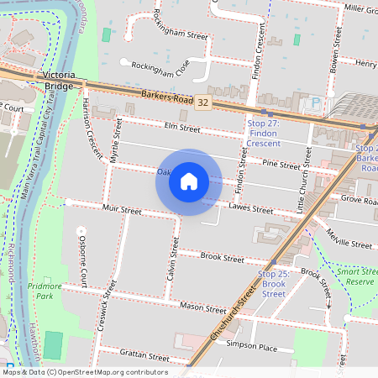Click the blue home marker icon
pyautogui.click(x=189, y=181)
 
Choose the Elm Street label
pyautogui.click(x=182, y=129)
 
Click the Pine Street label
pyautogui.click(x=281, y=165)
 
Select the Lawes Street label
pyautogui.click(x=250, y=208)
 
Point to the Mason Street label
pyautogui.click(x=203, y=308)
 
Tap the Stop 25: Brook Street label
pyautogui.click(x=273, y=284)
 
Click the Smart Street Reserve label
pyautogui.click(x=356, y=276)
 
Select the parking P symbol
pyautogui.click(x=316, y=103)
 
